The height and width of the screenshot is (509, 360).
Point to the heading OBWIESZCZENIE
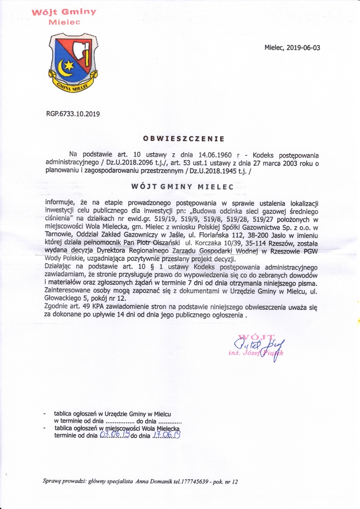pos(184,139)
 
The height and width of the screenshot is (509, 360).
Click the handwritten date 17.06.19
pos(167,435)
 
